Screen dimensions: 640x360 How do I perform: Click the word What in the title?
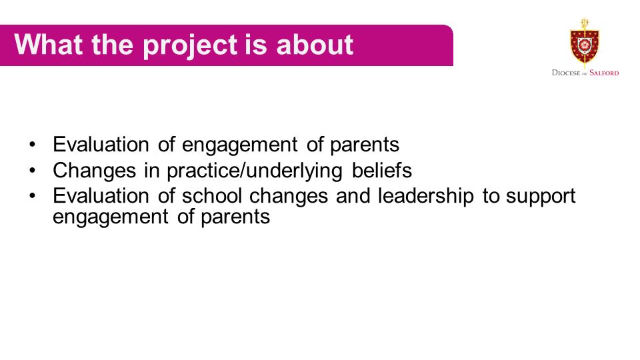49,44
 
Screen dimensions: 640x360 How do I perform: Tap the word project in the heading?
190,47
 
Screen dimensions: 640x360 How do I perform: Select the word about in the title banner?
315,44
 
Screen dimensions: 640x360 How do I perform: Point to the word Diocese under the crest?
566,73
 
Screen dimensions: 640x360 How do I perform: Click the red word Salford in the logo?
604,73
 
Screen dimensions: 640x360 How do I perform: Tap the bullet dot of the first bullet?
32,144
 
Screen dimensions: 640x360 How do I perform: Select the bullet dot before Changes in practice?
32,170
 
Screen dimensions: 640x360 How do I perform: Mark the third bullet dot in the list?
32,195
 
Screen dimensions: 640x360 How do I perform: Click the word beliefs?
381,170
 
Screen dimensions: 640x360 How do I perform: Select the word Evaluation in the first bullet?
101,145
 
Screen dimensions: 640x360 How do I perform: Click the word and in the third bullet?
353,195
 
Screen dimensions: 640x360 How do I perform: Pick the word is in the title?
256,44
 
